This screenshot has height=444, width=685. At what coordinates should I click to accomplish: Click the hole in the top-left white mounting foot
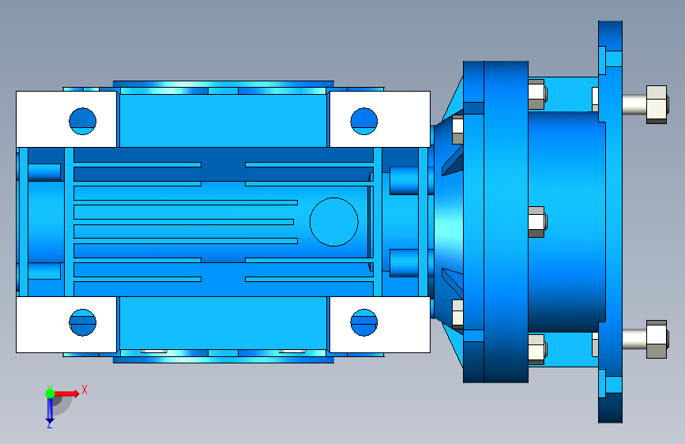point(83,121)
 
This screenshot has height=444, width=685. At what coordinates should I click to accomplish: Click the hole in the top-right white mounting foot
point(364,121)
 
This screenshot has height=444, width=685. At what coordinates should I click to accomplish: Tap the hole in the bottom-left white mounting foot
point(83,322)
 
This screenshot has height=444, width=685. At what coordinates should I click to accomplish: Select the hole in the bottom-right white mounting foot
point(364,322)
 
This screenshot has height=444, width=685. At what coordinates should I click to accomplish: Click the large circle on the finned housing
point(334,222)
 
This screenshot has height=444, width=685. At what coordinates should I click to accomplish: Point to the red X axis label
point(85,389)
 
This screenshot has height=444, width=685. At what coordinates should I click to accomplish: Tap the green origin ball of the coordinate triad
point(50,393)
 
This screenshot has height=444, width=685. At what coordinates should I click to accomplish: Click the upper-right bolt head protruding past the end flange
point(657,105)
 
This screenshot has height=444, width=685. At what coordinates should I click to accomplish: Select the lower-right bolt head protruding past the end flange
point(657,339)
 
